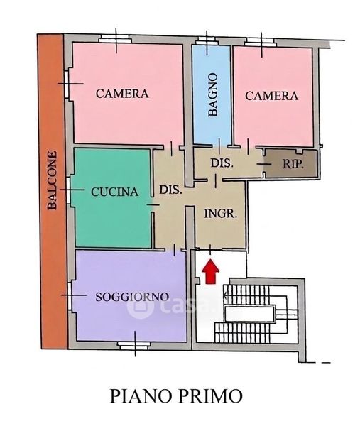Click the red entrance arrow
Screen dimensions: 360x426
(x=211, y=271)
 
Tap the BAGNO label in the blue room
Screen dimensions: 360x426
(x=213, y=94)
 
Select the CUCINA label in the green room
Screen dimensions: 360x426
(x=114, y=192)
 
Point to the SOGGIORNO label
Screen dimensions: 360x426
(x=132, y=296)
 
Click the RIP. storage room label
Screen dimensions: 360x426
(x=293, y=164)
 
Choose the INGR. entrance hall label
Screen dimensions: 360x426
(x=221, y=214)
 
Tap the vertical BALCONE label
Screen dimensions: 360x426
(x=52, y=180)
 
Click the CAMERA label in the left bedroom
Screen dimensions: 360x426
(x=122, y=94)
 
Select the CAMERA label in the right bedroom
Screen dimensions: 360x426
(x=271, y=96)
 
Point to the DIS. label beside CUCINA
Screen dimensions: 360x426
(x=170, y=190)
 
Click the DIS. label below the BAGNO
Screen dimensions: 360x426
(x=222, y=163)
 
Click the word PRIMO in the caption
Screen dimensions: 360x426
(x=211, y=396)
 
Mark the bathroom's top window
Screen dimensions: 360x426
(x=207, y=40)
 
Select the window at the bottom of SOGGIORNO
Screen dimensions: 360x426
(x=134, y=345)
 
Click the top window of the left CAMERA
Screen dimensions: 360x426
(x=115, y=39)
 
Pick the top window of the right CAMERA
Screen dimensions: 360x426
(x=260, y=42)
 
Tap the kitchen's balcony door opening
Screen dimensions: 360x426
(x=68, y=190)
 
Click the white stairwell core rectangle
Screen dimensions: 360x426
(x=250, y=313)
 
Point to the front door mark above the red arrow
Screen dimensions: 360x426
(x=210, y=249)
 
